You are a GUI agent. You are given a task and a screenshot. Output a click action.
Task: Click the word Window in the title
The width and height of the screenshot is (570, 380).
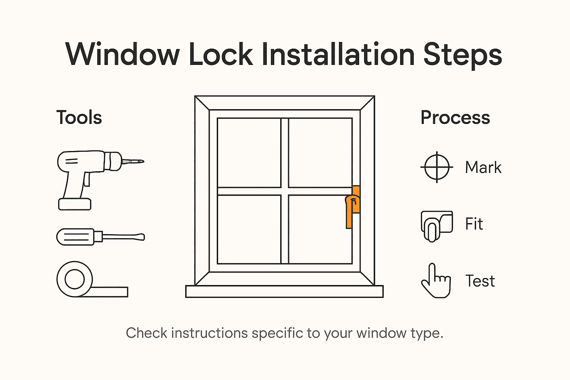click(x=122, y=55)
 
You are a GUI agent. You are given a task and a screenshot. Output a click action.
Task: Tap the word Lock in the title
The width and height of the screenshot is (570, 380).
click(x=221, y=55)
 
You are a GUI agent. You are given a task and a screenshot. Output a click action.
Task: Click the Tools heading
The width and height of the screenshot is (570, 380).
click(x=79, y=118)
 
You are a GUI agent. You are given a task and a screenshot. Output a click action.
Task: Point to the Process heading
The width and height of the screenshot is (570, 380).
click(x=455, y=118)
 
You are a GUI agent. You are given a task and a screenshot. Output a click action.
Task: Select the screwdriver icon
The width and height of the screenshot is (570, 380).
click(x=100, y=237)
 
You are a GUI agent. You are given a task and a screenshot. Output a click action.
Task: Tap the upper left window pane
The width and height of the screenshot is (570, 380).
click(x=249, y=153)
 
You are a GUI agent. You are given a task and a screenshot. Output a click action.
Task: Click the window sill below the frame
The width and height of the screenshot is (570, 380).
click(x=284, y=291)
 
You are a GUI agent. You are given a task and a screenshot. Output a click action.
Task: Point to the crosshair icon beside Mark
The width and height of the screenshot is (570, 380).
click(x=437, y=167)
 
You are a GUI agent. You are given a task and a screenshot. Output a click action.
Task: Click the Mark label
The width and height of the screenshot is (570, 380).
click(x=483, y=167)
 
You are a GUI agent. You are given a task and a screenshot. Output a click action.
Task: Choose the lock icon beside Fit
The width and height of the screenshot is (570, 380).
click(x=436, y=225)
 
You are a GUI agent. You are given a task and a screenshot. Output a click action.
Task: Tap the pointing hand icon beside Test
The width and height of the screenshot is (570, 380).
click(x=436, y=281)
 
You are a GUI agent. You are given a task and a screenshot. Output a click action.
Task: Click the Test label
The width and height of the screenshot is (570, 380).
click(x=480, y=281)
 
